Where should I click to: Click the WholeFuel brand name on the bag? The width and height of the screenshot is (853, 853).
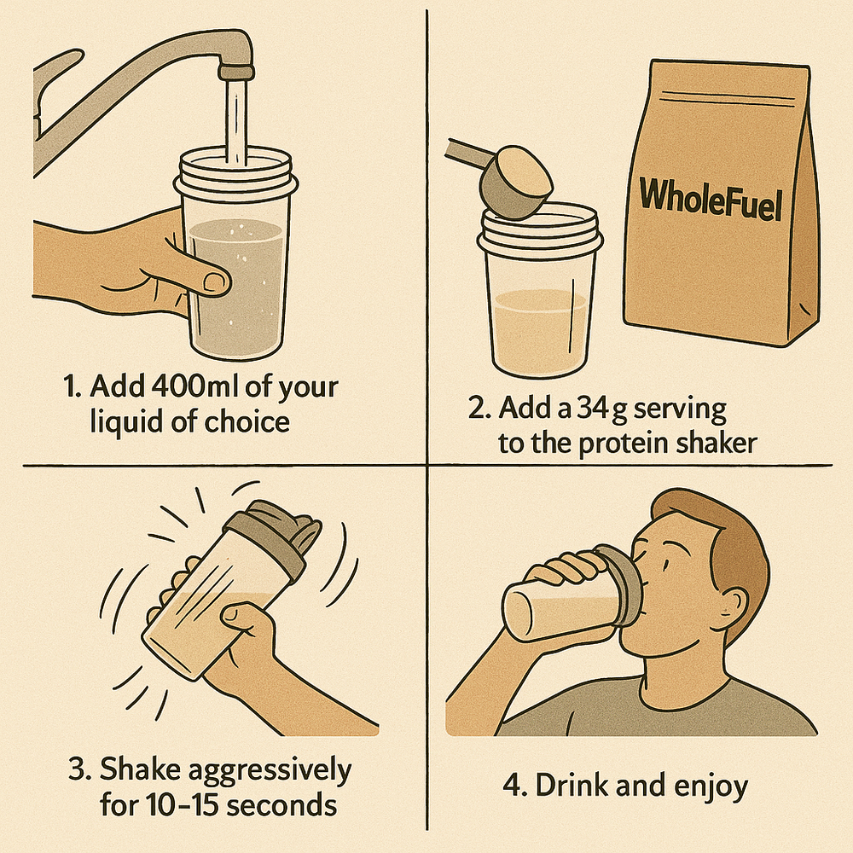(x=711, y=199)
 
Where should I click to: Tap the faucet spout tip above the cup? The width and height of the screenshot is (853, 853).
(x=236, y=72)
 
